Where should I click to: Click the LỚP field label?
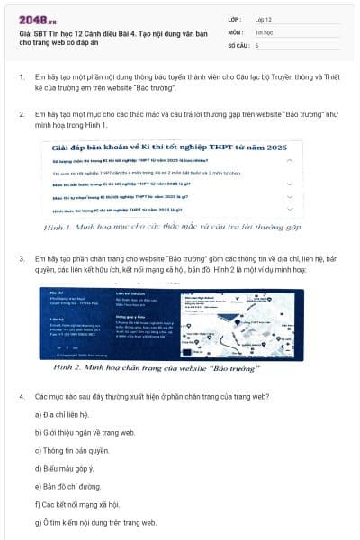236,19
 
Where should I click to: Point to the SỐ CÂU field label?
239,44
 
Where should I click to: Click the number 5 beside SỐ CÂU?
257,44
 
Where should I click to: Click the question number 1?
21,77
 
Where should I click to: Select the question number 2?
21,114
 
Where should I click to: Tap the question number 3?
21,258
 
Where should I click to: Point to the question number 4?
21,396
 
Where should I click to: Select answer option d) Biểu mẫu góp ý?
66,468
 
